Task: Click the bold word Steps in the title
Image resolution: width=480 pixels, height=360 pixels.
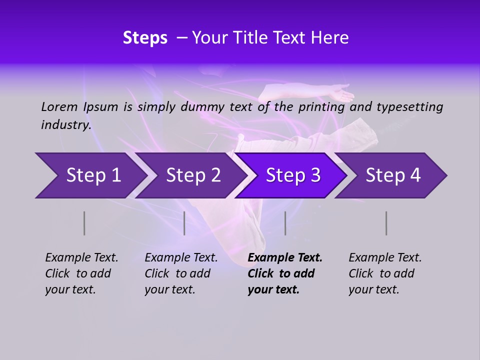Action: click(145, 38)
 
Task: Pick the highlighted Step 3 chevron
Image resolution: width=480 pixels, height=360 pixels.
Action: click(293, 175)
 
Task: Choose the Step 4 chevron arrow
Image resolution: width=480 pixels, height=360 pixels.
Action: click(393, 175)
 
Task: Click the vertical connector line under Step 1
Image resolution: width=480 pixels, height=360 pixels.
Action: click(84, 223)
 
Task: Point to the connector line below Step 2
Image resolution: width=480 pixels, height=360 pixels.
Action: click(184, 223)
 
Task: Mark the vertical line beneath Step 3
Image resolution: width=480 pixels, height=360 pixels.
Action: click(285, 223)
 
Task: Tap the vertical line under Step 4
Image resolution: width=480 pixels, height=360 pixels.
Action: click(386, 223)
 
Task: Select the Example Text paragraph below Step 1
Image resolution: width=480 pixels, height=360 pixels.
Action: click(81, 273)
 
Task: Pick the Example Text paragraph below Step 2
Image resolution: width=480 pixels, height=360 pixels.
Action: click(181, 273)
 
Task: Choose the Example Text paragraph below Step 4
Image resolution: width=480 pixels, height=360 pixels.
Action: click(385, 273)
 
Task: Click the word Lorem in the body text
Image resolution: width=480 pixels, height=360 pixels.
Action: click(59, 106)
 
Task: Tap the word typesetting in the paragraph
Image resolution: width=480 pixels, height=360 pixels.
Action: click(409, 106)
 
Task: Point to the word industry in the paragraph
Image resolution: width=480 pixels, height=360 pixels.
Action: click(66, 124)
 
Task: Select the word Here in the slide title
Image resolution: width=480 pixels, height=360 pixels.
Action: click(331, 38)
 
